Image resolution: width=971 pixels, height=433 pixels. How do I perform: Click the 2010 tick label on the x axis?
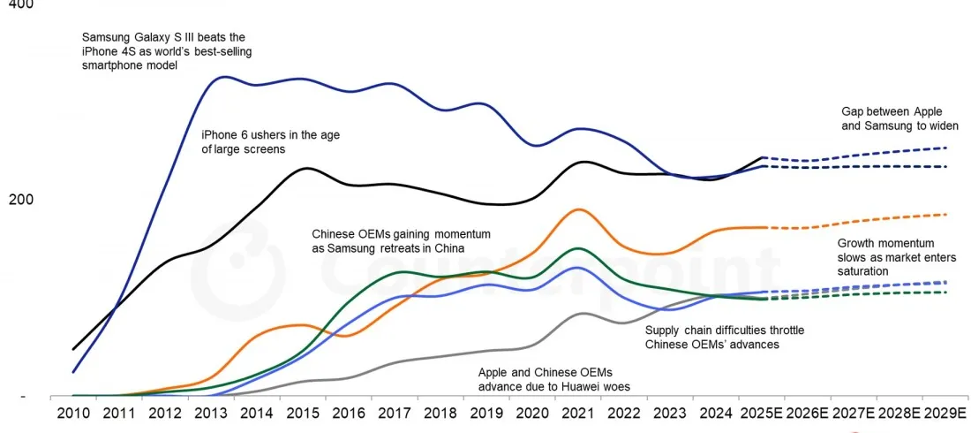(72, 413)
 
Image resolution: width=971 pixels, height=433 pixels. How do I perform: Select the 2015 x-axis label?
(303, 413)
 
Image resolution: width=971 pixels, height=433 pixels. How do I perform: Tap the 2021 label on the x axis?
(578, 413)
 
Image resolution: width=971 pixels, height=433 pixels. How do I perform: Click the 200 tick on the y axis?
(19, 200)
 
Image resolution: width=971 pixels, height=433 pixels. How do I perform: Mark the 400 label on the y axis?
(19, 5)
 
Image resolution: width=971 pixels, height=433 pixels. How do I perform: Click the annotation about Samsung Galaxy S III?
(163, 51)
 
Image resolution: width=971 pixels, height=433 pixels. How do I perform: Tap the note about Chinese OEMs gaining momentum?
(401, 241)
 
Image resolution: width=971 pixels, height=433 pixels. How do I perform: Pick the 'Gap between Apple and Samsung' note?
(899, 118)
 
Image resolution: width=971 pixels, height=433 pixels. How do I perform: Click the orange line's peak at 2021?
(578, 209)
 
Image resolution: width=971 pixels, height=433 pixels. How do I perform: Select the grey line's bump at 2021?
(581, 314)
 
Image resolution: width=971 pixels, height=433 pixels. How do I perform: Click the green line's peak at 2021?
(577, 248)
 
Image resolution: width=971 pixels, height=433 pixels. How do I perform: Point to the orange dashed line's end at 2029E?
(946, 214)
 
